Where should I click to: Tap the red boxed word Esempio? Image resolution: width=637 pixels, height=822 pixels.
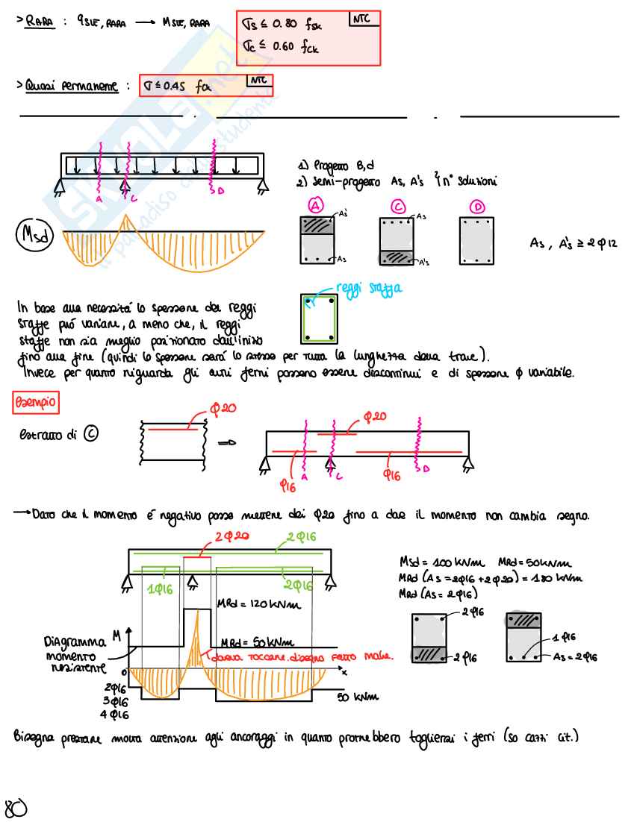(x=35, y=404)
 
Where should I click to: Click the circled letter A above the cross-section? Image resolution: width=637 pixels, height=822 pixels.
(x=316, y=205)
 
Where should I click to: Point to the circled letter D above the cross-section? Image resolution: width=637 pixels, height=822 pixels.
(x=476, y=205)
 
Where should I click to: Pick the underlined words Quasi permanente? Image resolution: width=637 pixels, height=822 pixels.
(x=71, y=87)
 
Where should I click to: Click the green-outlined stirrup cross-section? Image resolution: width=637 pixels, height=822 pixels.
(x=319, y=318)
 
